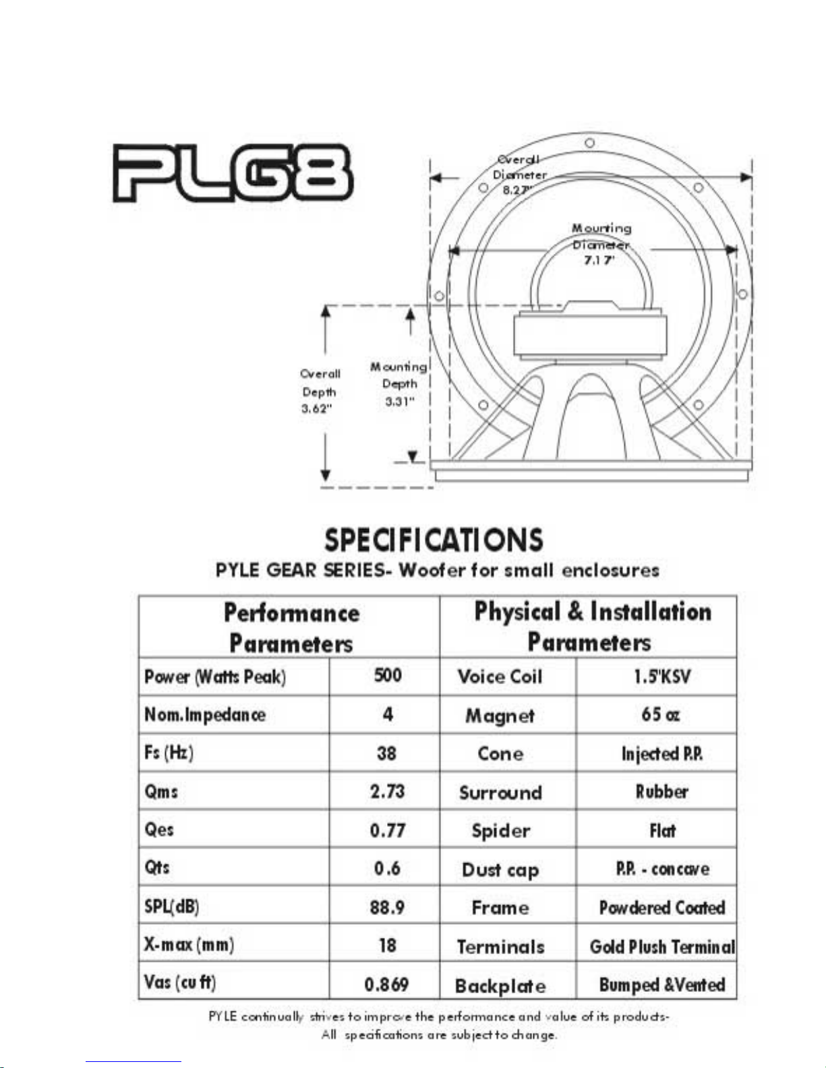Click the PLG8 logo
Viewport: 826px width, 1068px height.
click(233, 173)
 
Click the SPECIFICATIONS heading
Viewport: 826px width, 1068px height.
click(434, 540)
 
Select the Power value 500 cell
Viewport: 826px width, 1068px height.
click(388, 676)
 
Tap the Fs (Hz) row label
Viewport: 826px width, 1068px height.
click(169, 753)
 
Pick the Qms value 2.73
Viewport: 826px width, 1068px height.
click(387, 791)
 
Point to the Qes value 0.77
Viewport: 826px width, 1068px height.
click(387, 829)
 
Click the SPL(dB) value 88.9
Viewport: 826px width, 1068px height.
click(387, 907)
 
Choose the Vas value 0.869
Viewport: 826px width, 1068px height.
click(386, 984)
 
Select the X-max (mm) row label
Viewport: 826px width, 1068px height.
click(189, 945)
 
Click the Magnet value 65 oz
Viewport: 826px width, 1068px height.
click(660, 714)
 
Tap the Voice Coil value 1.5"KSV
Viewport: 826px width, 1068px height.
click(661, 677)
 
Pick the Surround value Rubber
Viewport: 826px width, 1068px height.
click(661, 792)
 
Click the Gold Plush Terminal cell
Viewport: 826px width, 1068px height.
click(661, 947)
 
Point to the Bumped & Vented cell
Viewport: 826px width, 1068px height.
click(661, 984)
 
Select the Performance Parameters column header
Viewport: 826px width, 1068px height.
click(291, 627)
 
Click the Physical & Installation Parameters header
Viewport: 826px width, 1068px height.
click(591, 626)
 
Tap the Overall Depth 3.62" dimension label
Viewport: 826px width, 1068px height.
click(320, 391)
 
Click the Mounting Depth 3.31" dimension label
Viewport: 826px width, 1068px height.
click(399, 384)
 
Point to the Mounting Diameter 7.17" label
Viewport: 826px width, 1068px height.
click(601, 244)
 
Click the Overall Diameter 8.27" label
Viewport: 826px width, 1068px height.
click(519, 175)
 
